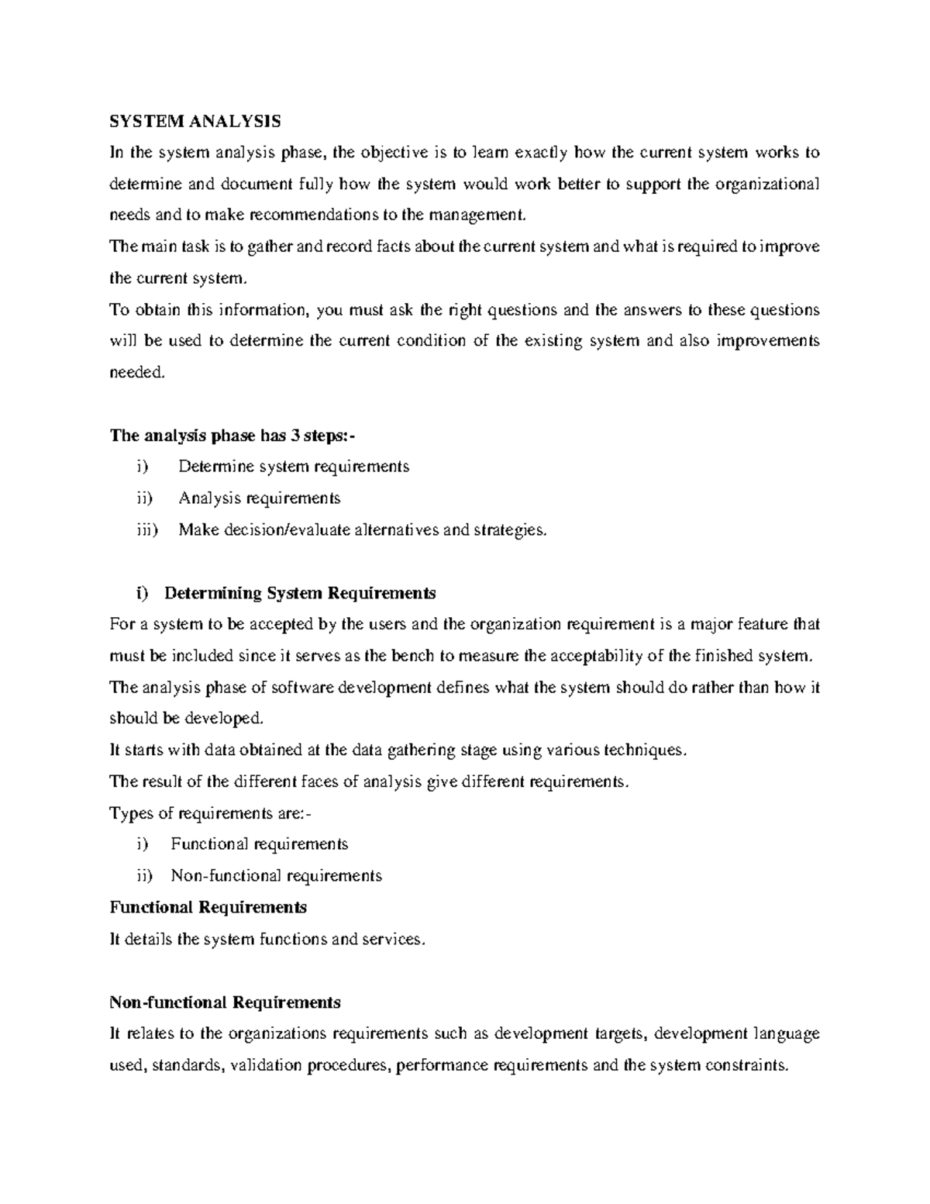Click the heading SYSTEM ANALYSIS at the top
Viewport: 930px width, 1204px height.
(x=195, y=121)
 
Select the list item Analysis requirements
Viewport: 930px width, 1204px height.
(x=260, y=498)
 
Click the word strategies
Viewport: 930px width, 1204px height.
(x=510, y=530)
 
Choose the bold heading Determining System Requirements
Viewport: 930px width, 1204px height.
(x=300, y=593)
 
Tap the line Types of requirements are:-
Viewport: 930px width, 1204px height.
(x=212, y=813)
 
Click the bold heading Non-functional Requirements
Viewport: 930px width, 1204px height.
(x=226, y=1002)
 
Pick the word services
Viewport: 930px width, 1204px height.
(x=398, y=940)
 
